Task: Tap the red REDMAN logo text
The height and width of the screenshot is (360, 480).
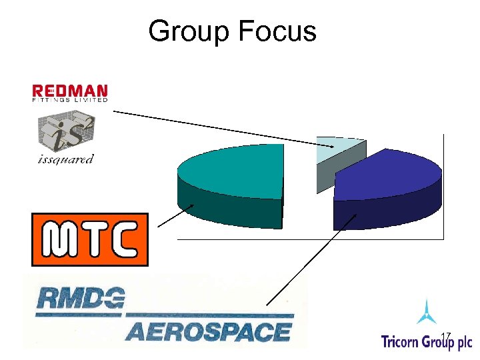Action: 70,90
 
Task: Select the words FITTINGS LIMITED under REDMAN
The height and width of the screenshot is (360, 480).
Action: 70,100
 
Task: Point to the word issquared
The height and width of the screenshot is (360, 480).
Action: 65,159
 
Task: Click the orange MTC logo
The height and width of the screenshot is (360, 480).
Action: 90,239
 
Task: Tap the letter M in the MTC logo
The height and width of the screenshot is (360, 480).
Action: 56,240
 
